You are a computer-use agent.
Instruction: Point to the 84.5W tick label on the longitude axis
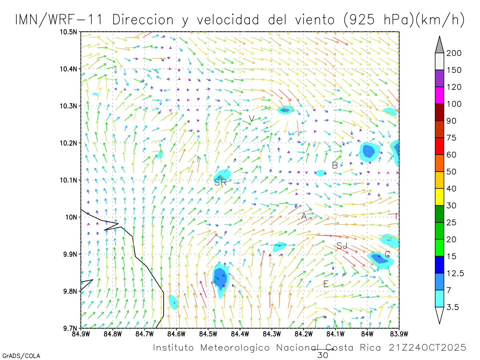tap(208, 333)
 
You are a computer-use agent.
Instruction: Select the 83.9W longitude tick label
tap(399, 333)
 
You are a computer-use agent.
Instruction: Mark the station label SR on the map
tap(220, 182)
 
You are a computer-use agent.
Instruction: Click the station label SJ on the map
tap(342, 246)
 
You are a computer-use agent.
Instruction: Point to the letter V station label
tap(252, 119)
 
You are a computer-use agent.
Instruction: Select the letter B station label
tap(335, 165)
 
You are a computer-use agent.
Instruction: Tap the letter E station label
tap(326, 284)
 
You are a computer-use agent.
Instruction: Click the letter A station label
tap(304, 216)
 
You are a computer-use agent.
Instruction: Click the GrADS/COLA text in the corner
tap(21, 356)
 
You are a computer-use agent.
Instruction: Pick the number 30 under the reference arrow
tap(322, 355)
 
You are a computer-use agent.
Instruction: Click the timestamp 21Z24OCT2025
tap(427, 348)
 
